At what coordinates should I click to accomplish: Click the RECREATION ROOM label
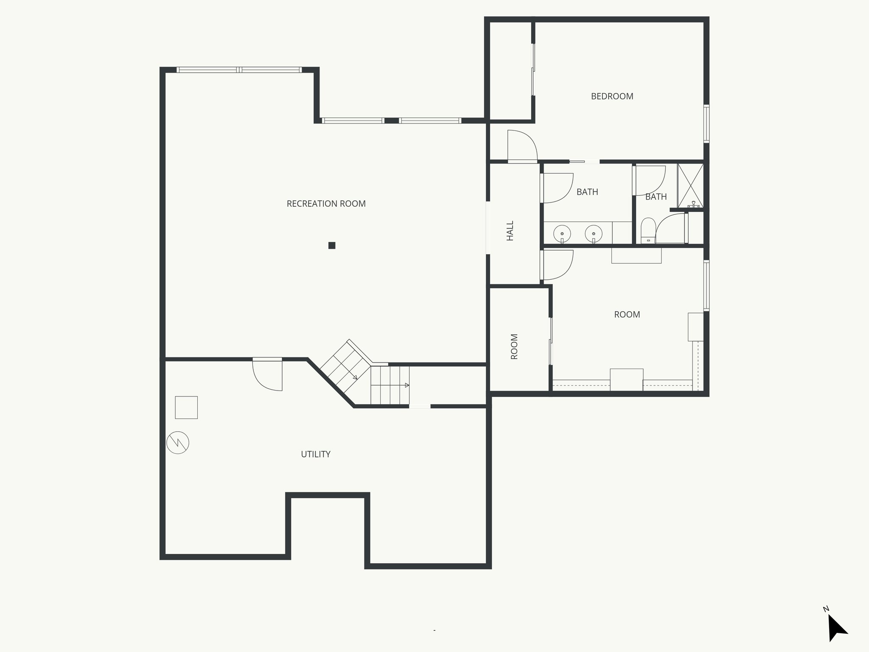click(x=326, y=204)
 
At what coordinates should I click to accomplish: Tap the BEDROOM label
click(x=612, y=96)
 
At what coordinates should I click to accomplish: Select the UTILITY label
click(x=315, y=454)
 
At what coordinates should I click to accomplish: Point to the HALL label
click(x=510, y=230)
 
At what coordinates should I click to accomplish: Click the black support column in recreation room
click(x=332, y=245)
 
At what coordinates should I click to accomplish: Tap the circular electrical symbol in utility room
click(x=178, y=443)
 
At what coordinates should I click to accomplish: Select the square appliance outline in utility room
click(x=186, y=407)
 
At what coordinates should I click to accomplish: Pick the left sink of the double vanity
click(x=562, y=233)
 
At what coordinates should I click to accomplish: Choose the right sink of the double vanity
click(x=594, y=233)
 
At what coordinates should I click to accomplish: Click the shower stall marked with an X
click(x=690, y=186)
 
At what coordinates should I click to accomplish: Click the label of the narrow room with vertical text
click(x=514, y=347)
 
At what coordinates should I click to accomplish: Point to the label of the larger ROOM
click(x=627, y=315)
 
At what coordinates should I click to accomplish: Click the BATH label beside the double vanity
click(x=587, y=192)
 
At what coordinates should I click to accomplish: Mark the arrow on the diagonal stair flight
click(x=354, y=376)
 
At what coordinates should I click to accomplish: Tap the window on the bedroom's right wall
click(x=706, y=124)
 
